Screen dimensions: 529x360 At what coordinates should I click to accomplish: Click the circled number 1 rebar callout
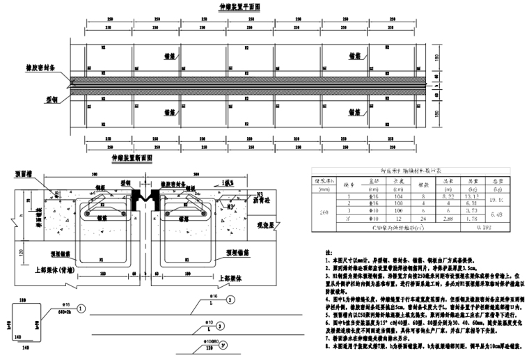83,307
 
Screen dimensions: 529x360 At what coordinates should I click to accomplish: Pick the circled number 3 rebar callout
219,325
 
